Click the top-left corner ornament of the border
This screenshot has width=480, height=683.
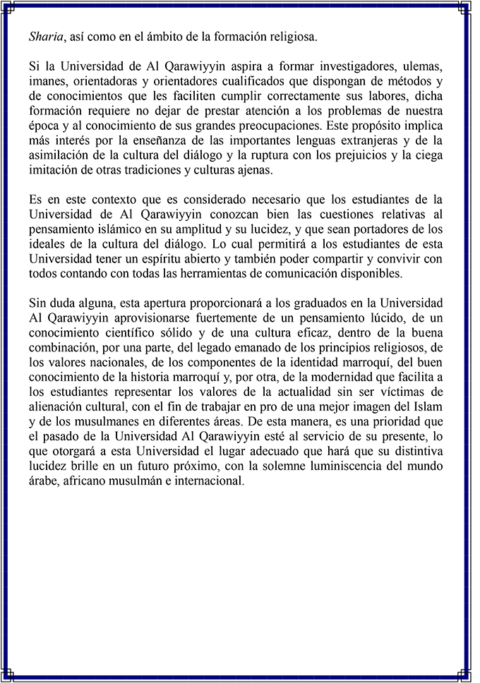(x=8, y=8)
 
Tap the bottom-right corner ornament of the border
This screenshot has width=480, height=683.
(x=471, y=675)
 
